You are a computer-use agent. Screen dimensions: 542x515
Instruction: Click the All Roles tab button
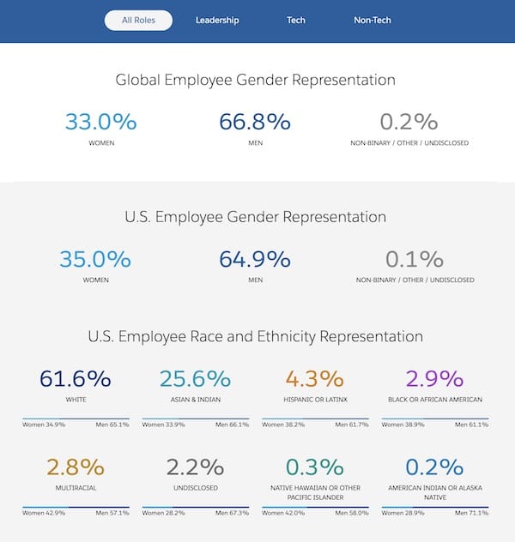[x=138, y=20]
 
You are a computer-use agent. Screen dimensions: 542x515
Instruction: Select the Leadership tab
[x=217, y=20]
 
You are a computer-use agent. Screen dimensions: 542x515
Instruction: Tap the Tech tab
[x=296, y=20]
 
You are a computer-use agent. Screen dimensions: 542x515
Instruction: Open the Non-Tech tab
[x=373, y=20]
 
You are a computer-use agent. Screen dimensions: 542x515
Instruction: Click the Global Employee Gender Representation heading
[x=256, y=80]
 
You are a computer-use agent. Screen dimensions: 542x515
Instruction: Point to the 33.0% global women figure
[x=101, y=121]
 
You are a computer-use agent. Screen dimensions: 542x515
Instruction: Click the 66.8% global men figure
[x=255, y=121]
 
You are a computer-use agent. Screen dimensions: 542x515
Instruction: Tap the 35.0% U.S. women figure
[x=95, y=259]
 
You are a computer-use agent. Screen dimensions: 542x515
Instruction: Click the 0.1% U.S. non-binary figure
[x=415, y=259]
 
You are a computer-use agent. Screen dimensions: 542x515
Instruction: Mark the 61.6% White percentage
[x=76, y=378]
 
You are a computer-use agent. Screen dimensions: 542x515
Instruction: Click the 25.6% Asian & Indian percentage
[x=195, y=378]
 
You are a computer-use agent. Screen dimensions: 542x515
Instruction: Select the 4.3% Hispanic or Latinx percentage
[x=315, y=378]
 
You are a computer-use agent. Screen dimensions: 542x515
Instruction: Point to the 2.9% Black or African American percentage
[x=434, y=378]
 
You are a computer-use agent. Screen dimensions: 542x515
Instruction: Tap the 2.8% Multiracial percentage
[x=76, y=467]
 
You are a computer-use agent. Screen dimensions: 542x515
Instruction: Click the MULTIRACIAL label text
[x=76, y=488]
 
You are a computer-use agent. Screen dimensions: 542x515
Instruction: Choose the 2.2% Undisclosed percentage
[x=195, y=467]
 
